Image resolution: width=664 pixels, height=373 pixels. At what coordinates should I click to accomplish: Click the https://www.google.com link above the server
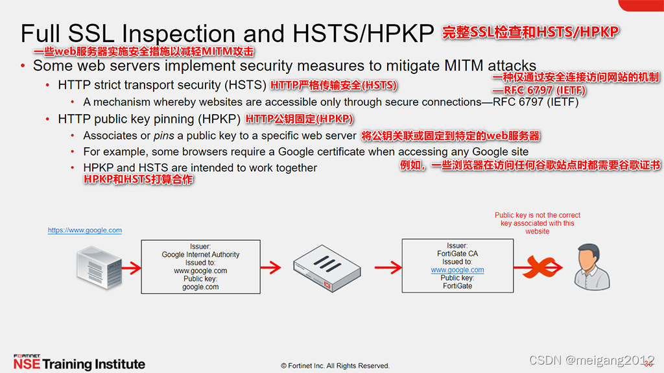tap(85, 230)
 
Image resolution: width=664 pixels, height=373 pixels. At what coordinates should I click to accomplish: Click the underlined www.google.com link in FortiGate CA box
tap(457, 270)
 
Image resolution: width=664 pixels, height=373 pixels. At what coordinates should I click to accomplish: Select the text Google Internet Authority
tap(200, 255)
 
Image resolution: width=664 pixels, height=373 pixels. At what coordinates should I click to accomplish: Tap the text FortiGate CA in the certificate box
tap(457, 254)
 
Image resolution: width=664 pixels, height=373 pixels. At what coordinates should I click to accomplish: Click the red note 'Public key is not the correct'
tap(538, 215)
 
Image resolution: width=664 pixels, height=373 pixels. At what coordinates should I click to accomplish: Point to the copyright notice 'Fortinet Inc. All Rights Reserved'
tap(335, 365)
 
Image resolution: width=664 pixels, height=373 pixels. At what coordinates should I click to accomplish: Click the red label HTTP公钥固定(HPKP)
tap(299, 119)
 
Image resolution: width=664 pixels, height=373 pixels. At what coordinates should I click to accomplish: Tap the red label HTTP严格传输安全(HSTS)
tap(333, 85)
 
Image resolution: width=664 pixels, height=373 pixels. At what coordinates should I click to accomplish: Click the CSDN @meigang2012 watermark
tap(591, 360)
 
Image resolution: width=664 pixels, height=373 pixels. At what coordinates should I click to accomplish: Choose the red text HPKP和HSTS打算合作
tap(138, 180)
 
